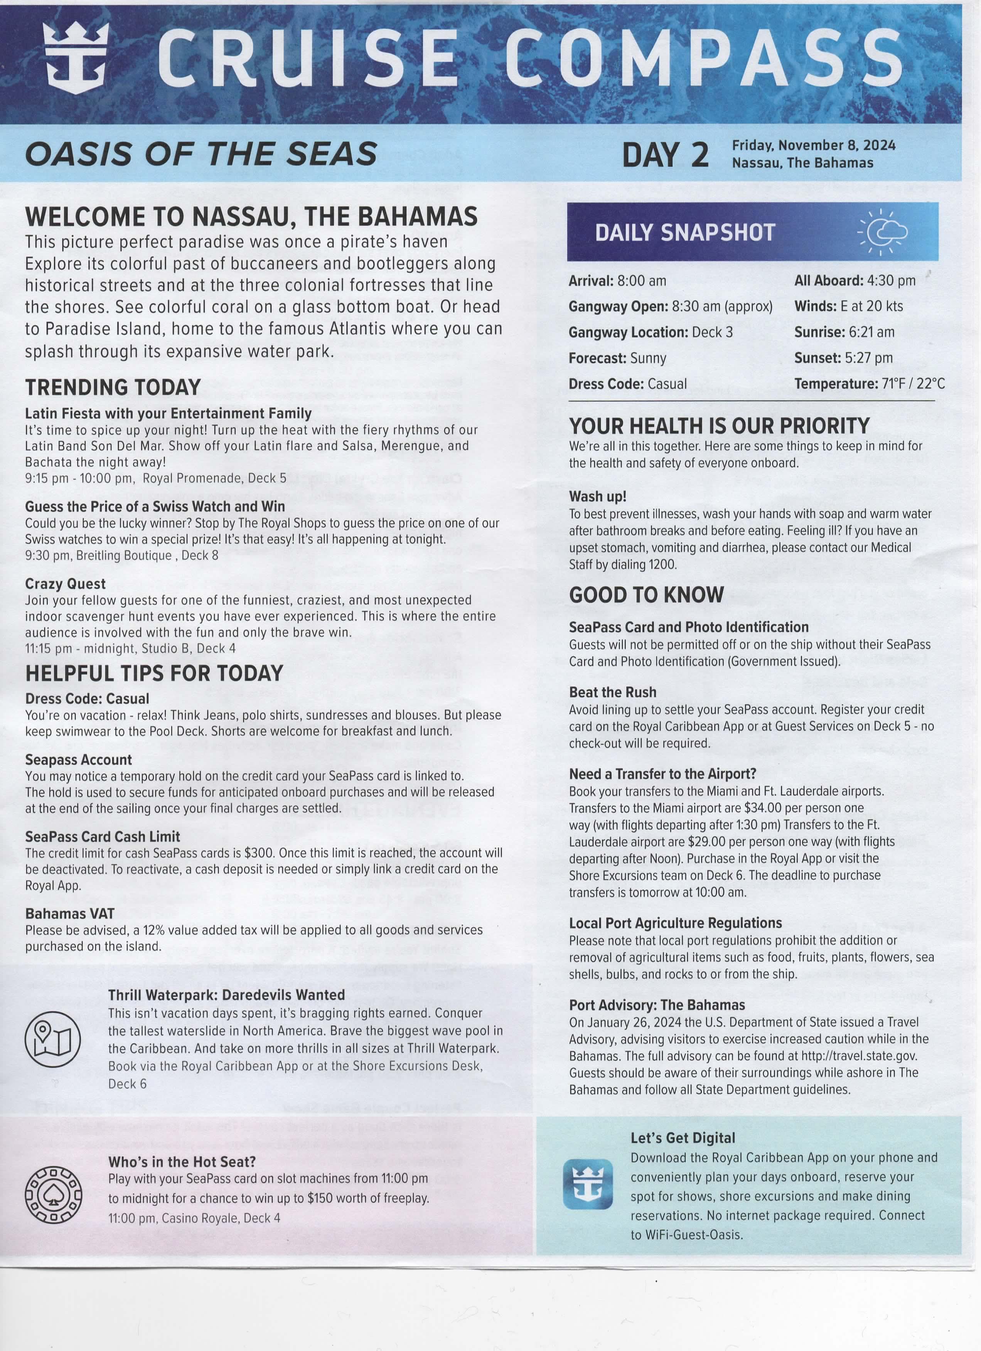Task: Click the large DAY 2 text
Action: click(x=665, y=155)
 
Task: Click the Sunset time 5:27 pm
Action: click(x=869, y=358)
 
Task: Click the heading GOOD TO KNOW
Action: click(x=646, y=595)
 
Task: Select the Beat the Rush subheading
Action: click(x=612, y=692)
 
